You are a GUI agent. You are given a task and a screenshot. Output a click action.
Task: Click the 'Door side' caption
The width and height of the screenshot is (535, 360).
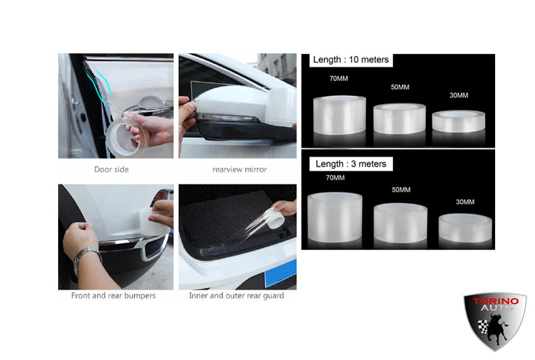pyautogui.click(x=111, y=170)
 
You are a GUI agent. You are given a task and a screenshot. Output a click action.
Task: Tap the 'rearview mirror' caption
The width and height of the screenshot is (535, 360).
pyautogui.click(x=240, y=170)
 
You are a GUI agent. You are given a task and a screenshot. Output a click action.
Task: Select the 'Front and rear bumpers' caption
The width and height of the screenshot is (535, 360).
pyautogui.click(x=113, y=296)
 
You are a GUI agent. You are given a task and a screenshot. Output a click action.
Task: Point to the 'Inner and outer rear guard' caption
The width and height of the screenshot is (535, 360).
pyautogui.click(x=236, y=296)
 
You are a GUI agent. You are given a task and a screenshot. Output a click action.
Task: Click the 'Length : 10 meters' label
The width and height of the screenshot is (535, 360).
pyautogui.click(x=351, y=59)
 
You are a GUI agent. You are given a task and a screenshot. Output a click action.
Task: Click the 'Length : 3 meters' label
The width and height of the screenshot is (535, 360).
pyautogui.click(x=351, y=164)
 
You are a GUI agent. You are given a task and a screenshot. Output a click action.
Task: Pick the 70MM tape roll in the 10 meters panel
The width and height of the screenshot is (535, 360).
pyautogui.click(x=340, y=115)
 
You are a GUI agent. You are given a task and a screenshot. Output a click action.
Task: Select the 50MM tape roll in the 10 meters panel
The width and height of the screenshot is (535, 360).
pyautogui.click(x=399, y=118)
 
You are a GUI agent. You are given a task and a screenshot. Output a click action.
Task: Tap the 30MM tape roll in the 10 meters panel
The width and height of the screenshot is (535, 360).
pyautogui.click(x=459, y=121)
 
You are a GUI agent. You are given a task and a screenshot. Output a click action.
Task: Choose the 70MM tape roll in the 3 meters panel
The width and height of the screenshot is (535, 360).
pyautogui.click(x=335, y=217)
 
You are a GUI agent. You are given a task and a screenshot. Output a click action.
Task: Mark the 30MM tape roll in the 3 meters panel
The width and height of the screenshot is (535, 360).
pyautogui.click(x=465, y=228)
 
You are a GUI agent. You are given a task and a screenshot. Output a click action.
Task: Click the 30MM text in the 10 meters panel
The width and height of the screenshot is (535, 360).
pyautogui.click(x=459, y=95)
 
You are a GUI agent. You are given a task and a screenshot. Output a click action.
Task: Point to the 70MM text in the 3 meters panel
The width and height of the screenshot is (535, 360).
pyautogui.click(x=335, y=178)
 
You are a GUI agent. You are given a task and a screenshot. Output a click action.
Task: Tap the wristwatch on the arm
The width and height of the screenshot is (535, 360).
pyautogui.click(x=87, y=257)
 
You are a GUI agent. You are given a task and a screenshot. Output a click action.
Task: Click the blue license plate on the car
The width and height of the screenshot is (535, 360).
pyautogui.click(x=280, y=274)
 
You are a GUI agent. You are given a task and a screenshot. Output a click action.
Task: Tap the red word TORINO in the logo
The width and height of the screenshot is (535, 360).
pyautogui.click(x=495, y=301)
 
